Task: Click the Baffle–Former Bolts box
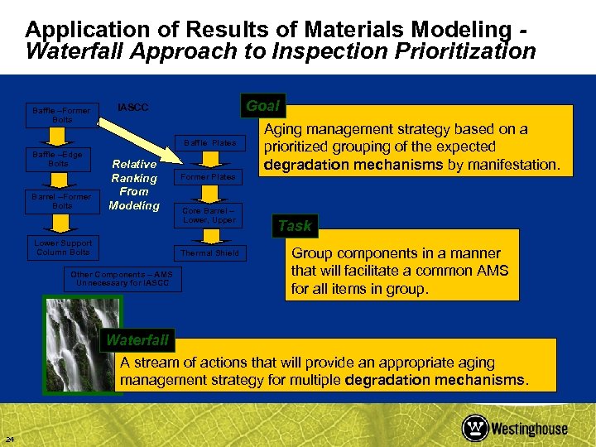61,115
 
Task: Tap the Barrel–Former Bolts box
61,201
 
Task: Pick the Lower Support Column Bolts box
63,248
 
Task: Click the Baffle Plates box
209,143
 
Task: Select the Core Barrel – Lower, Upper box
209,215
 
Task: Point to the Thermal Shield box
209,253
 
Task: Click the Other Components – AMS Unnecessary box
122,279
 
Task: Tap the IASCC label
133,108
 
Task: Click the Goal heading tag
263,105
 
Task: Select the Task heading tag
295,226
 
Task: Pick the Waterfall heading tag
137,339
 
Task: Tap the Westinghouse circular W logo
475,428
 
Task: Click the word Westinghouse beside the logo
529,429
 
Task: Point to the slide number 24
9,438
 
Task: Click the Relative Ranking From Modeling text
133,185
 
